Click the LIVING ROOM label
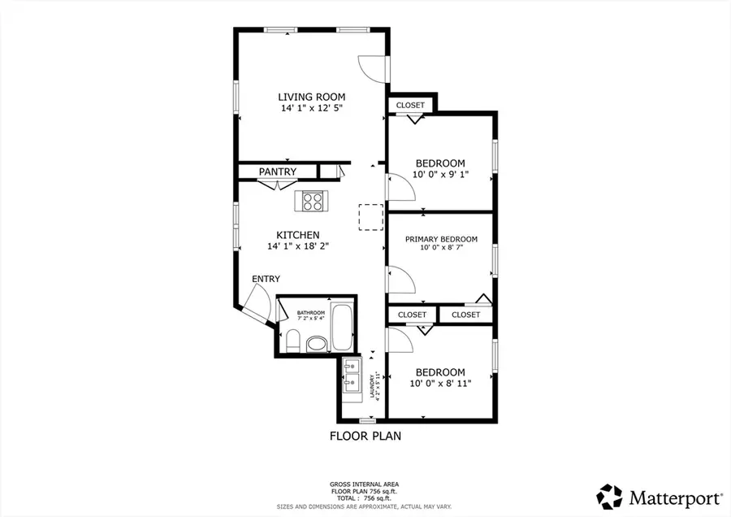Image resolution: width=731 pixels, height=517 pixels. coord(311,97)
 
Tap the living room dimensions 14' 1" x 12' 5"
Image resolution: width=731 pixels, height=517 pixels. coord(311,108)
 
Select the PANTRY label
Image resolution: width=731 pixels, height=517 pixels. coord(277,172)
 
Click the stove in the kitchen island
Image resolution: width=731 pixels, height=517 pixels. coord(312,200)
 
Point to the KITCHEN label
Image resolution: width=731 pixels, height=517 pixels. coord(298,235)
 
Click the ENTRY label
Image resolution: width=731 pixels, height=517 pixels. coord(266,279)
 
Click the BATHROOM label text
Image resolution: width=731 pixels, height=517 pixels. coord(310,313)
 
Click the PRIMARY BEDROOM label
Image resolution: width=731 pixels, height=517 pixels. coord(441,239)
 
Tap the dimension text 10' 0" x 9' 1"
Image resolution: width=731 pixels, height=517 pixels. coord(440,174)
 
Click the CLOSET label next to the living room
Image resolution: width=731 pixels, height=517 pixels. coord(410,105)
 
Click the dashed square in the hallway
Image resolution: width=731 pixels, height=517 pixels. coord(370,217)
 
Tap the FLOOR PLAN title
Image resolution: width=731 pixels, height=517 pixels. coord(365,436)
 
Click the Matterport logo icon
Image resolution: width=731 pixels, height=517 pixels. coord(610,496)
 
